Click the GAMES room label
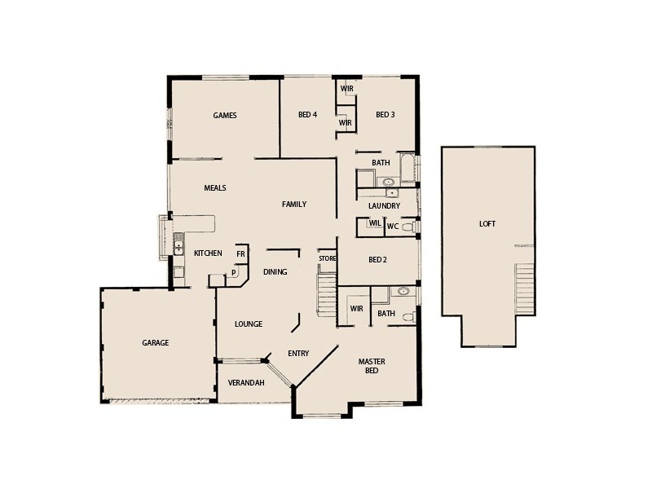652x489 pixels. pyautogui.click(x=225, y=116)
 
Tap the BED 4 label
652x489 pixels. pyautogui.click(x=307, y=115)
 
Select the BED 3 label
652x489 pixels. pyautogui.click(x=385, y=115)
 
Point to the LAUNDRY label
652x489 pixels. pyautogui.click(x=384, y=206)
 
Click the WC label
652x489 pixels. pyautogui.click(x=392, y=226)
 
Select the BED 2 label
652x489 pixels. pyautogui.click(x=377, y=260)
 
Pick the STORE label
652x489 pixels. pyautogui.click(x=327, y=258)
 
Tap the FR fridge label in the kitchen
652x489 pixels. pyautogui.click(x=240, y=254)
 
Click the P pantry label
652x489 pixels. pyautogui.click(x=233, y=274)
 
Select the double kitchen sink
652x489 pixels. pyautogui.click(x=178, y=244)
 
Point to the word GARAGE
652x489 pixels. pyautogui.click(x=155, y=343)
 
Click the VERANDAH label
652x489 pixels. pyautogui.click(x=247, y=383)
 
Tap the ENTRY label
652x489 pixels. pyautogui.click(x=298, y=353)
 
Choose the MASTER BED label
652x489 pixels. pyautogui.click(x=372, y=366)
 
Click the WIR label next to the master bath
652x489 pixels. pyautogui.click(x=356, y=309)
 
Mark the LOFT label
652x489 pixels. pyautogui.click(x=487, y=224)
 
